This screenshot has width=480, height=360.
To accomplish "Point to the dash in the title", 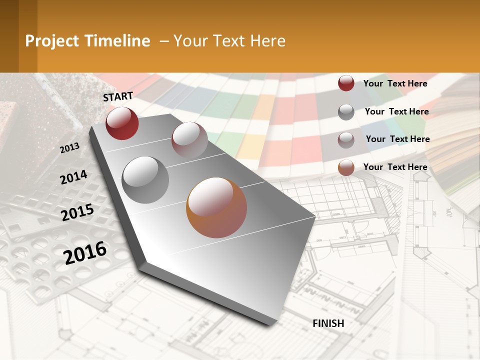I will click(164, 41).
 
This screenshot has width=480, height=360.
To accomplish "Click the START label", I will click(118, 96).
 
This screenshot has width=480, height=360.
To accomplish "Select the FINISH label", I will click(328, 323).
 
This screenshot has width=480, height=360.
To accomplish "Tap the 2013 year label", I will click(70, 147).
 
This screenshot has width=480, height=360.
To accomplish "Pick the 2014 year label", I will click(74, 177).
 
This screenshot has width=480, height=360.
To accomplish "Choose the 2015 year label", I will click(77, 212).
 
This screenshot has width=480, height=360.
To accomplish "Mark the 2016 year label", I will click(85, 252).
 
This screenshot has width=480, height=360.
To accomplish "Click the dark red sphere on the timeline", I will click(122, 123).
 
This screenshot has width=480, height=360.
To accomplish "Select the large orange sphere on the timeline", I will click(216, 207).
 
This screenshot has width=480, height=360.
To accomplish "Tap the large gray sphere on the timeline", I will click(145, 179).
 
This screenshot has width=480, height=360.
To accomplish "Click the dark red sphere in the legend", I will click(346, 83).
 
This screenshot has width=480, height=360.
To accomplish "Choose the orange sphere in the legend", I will click(346, 167).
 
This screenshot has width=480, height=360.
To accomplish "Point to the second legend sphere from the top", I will click(346, 111).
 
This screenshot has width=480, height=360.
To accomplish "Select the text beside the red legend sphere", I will click(395, 83).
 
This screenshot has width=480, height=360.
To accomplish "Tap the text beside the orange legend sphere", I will click(395, 167).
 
